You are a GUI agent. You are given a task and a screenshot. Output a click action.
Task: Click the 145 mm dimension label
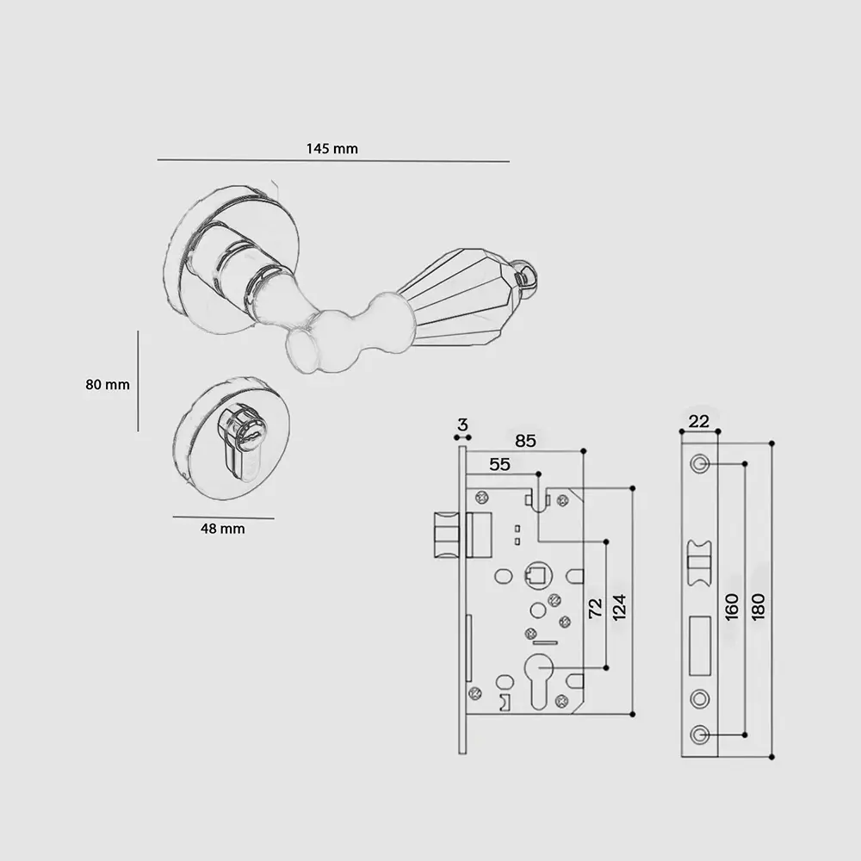pyautogui.click(x=331, y=149)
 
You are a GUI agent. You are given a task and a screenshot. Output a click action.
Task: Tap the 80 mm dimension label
pyautogui.click(x=108, y=384)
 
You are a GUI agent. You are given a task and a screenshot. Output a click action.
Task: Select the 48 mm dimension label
pyautogui.click(x=222, y=529)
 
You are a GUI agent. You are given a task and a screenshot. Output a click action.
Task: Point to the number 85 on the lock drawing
pyautogui.click(x=525, y=441)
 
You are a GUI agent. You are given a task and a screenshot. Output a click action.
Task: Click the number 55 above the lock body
pyautogui.click(x=499, y=465)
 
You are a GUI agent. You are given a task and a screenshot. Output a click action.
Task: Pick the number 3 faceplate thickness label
pyautogui.click(x=463, y=424)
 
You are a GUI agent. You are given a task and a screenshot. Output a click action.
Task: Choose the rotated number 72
pyautogui.click(x=595, y=608)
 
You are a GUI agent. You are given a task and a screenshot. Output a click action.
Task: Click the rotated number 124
pyautogui.click(x=619, y=607)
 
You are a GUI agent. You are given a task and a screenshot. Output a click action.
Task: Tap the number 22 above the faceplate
pyautogui.click(x=698, y=421)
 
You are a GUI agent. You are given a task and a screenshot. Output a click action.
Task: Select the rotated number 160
pyautogui.click(x=732, y=607)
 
